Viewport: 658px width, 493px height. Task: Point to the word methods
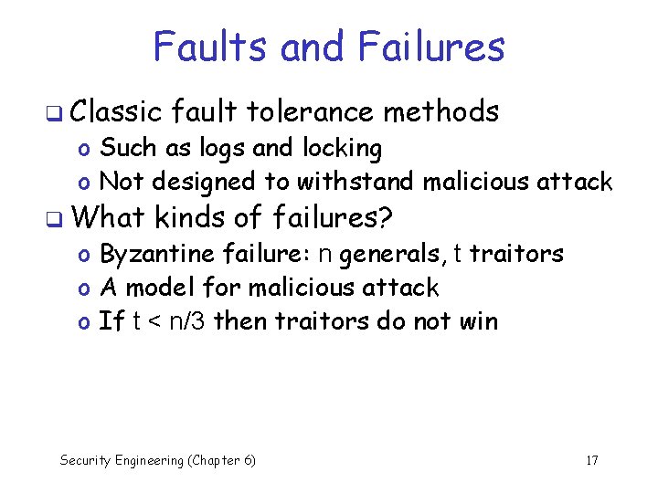[x=441, y=112]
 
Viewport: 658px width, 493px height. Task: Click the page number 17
[x=591, y=460]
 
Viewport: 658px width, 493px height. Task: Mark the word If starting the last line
[x=111, y=321]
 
